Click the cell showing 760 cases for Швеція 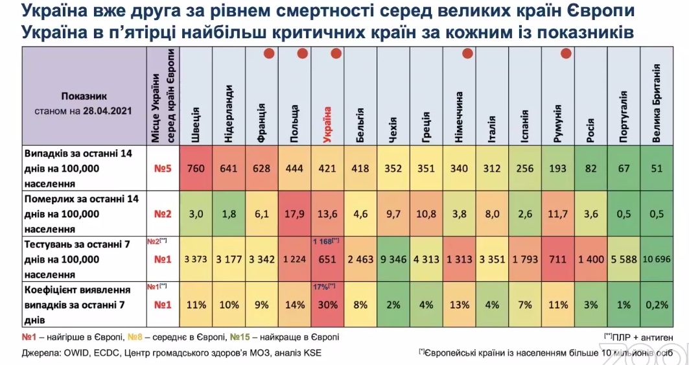click(196, 169)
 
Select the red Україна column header click(328, 124)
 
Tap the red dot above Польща click(302, 54)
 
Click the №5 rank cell click(162, 169)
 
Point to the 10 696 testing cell click(657, 259)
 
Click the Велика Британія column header click(657, 104)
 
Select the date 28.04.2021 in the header click(107, 111)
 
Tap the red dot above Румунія click(566, 54)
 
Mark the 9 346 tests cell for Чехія click(393, 259)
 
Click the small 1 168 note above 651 click(327, 241)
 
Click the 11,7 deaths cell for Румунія click(558, 213)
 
